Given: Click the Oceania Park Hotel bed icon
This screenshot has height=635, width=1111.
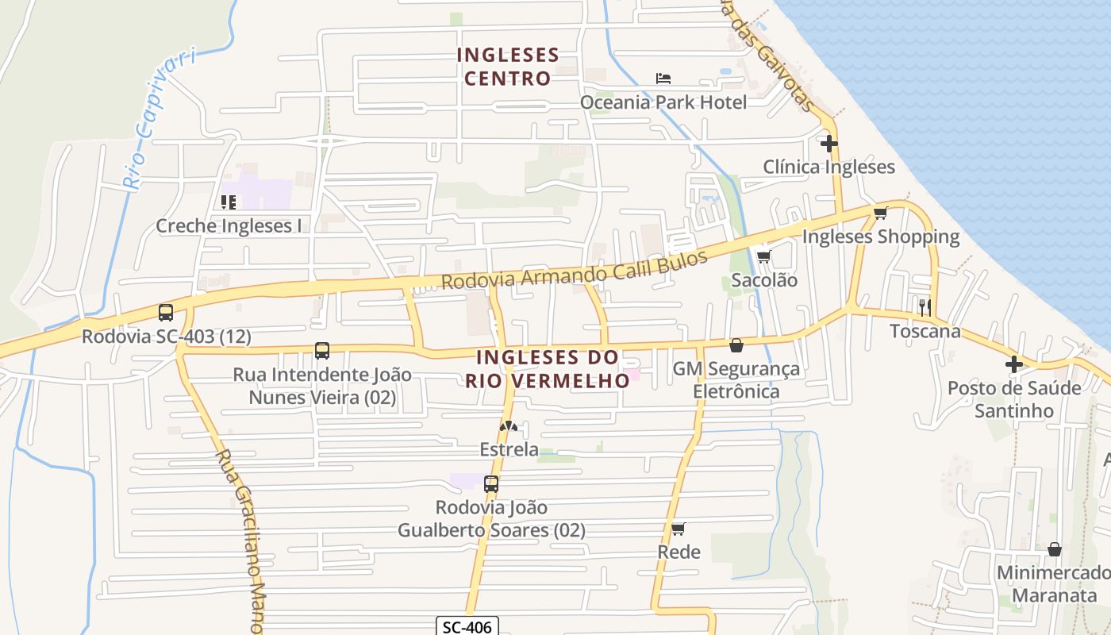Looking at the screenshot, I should [663, 79].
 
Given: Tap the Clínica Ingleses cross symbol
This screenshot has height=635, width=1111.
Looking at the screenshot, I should [829, 144].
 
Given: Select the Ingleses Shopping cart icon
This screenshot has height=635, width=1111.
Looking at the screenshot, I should [880, 213].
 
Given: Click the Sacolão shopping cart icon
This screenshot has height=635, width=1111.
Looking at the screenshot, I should [763, 256].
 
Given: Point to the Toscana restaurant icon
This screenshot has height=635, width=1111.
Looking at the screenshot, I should [925, 307].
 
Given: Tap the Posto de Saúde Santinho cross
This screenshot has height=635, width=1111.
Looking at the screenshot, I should [1014, 364].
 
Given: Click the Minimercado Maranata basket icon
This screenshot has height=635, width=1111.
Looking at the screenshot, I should [1055, 549].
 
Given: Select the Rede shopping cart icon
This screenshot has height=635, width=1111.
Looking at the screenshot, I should [678, 529].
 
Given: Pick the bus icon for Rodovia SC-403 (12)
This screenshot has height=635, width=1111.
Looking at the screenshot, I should [166, 313].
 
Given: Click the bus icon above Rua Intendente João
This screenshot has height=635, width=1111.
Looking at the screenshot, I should [322, 351].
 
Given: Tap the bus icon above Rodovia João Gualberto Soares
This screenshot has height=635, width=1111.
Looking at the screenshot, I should [491, 483].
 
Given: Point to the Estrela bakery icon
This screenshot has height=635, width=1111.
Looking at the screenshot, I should [509, 427].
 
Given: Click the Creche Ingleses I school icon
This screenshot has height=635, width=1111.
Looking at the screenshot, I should [229, 202].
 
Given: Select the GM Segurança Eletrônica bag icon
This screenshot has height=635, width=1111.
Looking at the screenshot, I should [736, 345].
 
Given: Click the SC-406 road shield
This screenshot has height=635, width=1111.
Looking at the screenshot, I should [467, 627].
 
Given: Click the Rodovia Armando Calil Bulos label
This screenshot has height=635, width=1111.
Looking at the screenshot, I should [574, 269].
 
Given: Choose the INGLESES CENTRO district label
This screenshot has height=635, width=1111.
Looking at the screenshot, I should [508, 67].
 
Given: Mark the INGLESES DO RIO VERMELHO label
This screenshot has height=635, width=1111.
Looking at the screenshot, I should [548, 369].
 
